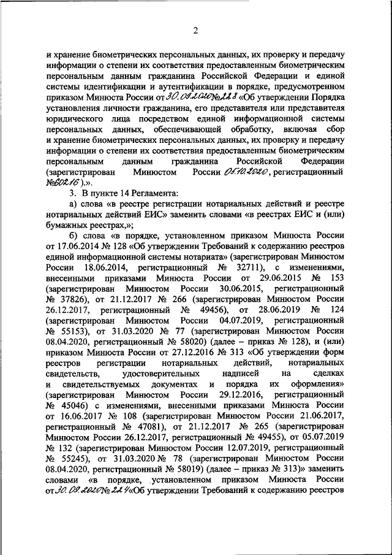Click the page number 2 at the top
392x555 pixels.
coord(195,31)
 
